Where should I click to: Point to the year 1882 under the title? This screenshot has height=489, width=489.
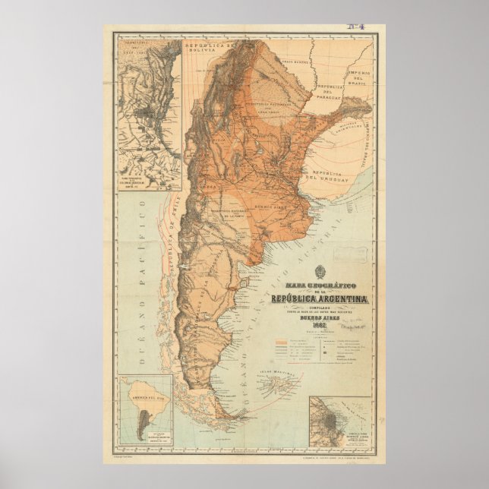pyautogui.click(x=319, y=327)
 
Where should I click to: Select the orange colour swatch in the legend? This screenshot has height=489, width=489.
pyautogui.click(x=280, y=342)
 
